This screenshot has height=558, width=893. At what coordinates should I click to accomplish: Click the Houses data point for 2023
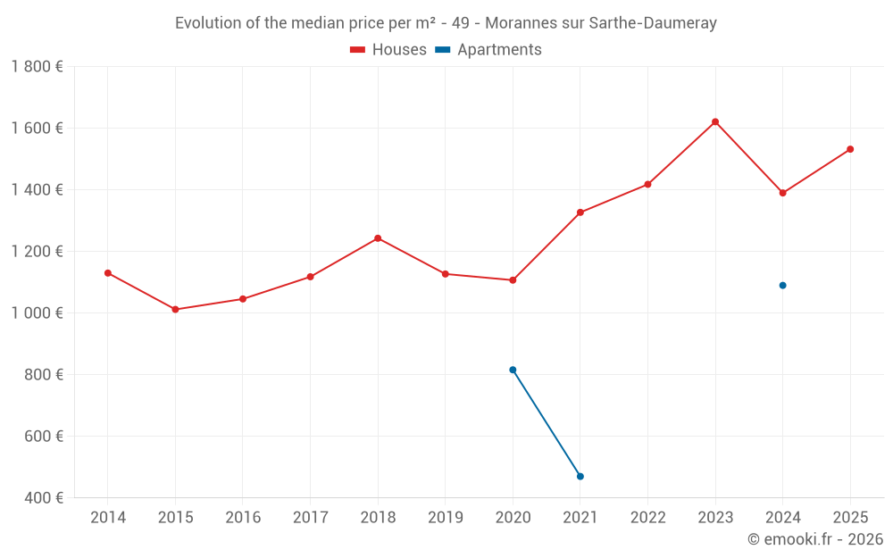[715, 121]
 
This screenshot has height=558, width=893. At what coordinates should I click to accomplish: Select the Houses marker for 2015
[175, 310]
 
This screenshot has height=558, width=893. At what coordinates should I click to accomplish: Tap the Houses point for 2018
[378, 238]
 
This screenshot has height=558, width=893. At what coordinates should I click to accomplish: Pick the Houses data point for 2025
[850, 149]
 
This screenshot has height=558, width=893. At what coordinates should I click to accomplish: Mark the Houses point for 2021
[580, 212]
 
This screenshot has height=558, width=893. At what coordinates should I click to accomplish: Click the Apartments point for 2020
[513, 370]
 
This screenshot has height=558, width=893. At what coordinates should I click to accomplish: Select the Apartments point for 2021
[580, 477]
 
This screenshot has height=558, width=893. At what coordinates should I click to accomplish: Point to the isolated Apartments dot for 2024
[783, 286]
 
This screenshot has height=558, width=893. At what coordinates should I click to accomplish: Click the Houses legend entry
[388, 50]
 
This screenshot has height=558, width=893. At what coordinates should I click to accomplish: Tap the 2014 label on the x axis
[108, 518]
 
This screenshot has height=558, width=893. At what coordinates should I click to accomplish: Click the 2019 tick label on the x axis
[446, 518]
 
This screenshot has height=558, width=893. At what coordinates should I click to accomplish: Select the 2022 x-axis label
[648, 518]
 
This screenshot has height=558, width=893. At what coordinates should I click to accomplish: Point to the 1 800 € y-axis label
[38, 67]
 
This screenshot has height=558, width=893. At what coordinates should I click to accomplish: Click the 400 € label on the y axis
[43, 498]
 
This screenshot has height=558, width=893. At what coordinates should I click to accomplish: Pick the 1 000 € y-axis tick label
[38, 313]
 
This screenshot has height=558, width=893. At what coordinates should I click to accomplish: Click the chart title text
[446, 23]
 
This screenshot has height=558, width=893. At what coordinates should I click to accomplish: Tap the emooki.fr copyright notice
[815, 539]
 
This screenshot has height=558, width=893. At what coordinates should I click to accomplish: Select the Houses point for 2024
[783, 193]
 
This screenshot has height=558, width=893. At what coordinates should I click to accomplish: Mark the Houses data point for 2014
[108, 273]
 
